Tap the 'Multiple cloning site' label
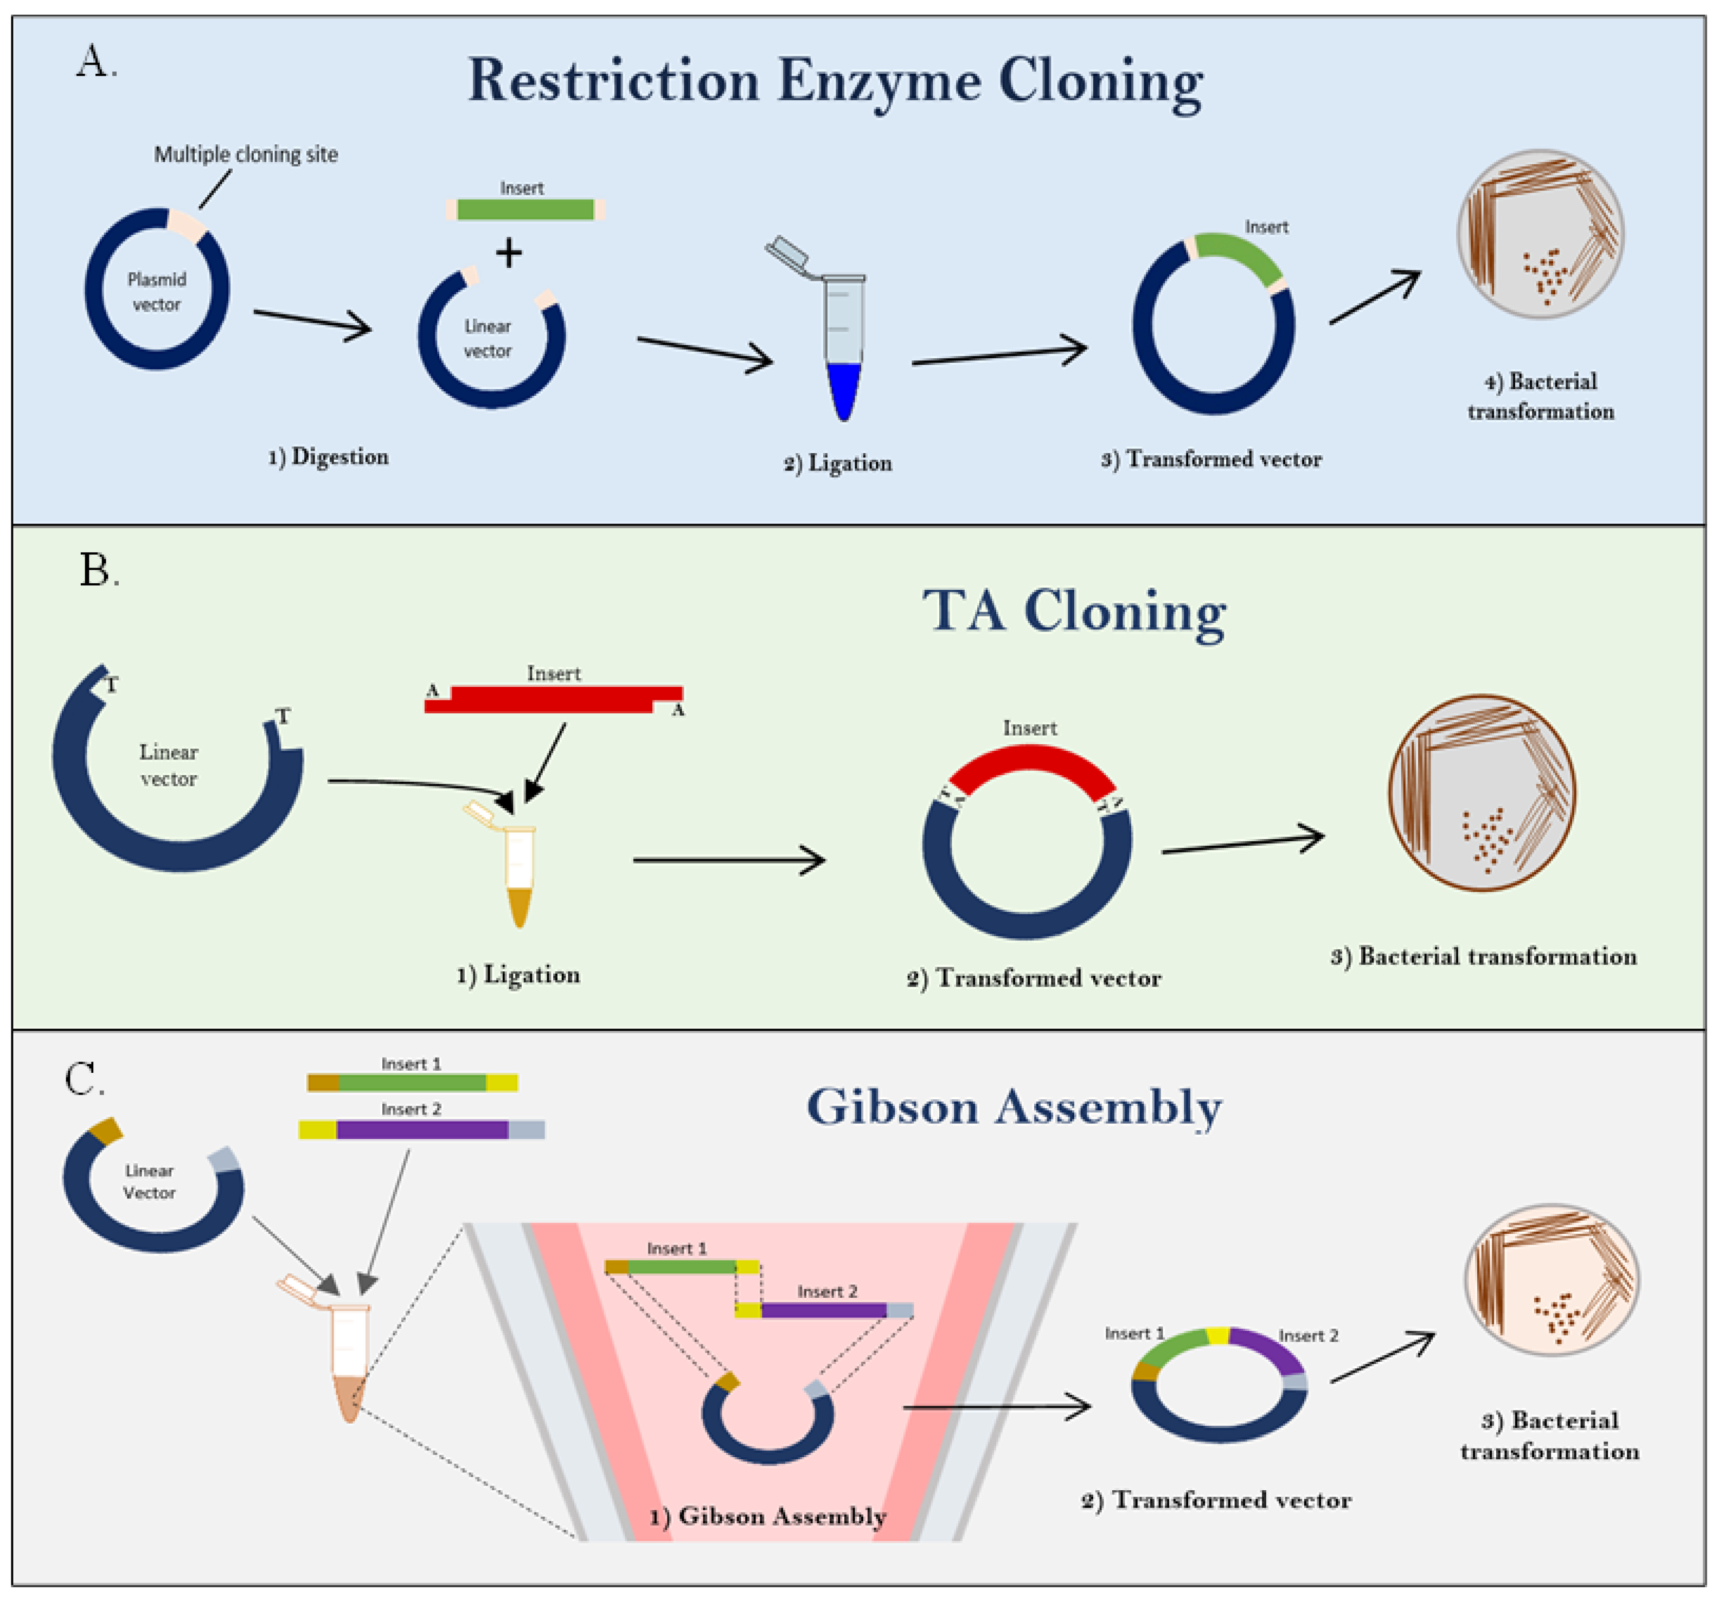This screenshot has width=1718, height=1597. (x=246, y=154)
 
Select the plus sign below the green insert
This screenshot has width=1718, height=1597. (x=509, y=253)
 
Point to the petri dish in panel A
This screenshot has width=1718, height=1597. (x=1540, y=234)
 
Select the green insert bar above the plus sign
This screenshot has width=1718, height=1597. (x=525, y=210)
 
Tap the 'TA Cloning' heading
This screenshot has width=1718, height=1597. (x=1074, y=611)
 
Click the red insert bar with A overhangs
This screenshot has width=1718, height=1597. (x=553, y=699)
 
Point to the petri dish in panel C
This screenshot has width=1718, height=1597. (x=1551, y=1280)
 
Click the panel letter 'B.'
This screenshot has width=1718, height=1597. (x=99, y=571)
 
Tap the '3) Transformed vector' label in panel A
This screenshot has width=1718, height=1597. (x=1211, y=460)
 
